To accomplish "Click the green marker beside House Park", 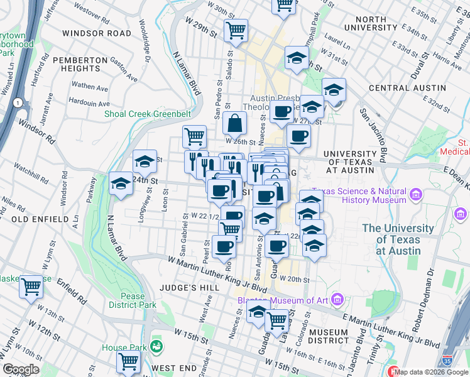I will (x=155, y=346).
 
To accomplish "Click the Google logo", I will (x=21, y=369).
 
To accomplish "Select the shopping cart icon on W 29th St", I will (x=236, y=30).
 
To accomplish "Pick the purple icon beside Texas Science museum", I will (x=415, y=195).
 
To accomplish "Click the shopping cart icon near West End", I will (x=128, y=362).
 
